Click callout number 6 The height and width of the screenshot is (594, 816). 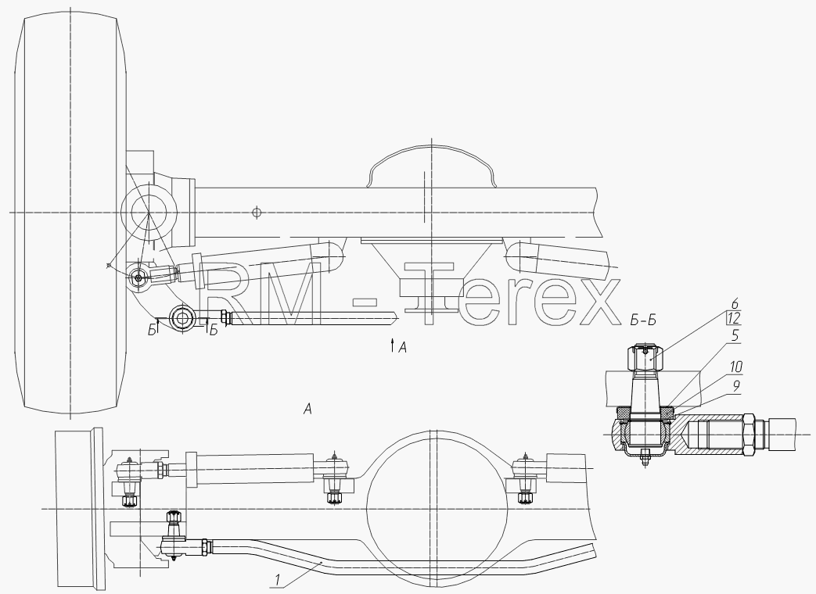735,304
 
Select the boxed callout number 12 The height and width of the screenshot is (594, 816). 735,319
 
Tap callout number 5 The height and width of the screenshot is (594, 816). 735,336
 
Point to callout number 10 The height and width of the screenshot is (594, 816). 735,367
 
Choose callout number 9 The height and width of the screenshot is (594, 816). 735,386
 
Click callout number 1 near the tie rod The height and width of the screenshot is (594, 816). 278,579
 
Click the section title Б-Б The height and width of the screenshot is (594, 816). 643,320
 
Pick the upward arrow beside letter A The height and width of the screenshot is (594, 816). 392,345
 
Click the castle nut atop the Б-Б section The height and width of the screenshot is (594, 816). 645,359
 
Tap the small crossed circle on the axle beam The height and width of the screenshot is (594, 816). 256,212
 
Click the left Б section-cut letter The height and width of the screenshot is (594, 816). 152,330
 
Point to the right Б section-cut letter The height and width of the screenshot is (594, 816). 214,330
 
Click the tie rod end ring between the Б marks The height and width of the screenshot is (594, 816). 182,317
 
